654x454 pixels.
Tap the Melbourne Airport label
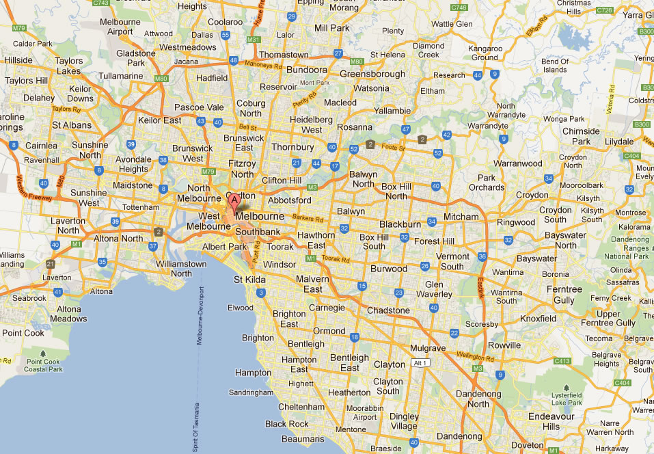(120, 27)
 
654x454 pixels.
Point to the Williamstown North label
(181, 268)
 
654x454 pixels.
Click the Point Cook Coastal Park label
(44, 365)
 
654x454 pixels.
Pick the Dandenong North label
(478, 398)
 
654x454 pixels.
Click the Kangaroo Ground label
(485, 53)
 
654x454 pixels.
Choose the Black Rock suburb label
(287, 424)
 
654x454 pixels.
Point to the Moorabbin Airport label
(362, 412)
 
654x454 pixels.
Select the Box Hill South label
(374, 241)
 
